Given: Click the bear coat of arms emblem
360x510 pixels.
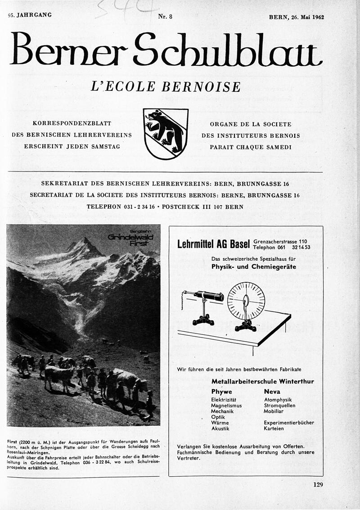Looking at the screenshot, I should point(166,134).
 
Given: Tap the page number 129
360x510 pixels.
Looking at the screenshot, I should point(318,485).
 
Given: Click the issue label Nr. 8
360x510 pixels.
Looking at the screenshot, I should point(165,17).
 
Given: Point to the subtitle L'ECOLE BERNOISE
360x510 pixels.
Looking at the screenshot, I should point(165,86).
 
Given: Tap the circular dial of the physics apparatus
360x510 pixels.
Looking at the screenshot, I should point(246,301).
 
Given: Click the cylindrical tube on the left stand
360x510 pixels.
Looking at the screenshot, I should point(208,296).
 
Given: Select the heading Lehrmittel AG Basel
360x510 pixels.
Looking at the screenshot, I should point(213,245).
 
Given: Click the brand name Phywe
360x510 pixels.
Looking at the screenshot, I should point(221,392).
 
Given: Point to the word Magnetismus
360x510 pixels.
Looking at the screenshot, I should point(226,406).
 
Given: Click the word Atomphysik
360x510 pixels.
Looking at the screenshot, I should point(278,400).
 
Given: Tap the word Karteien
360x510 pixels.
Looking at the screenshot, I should point(274,429).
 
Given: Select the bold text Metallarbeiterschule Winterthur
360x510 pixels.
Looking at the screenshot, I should point(263,381).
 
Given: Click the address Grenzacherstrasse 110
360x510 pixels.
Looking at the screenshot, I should point(280,241).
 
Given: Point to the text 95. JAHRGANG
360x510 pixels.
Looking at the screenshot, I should point(30,15).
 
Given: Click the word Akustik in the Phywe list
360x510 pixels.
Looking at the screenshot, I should point(220,429).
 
